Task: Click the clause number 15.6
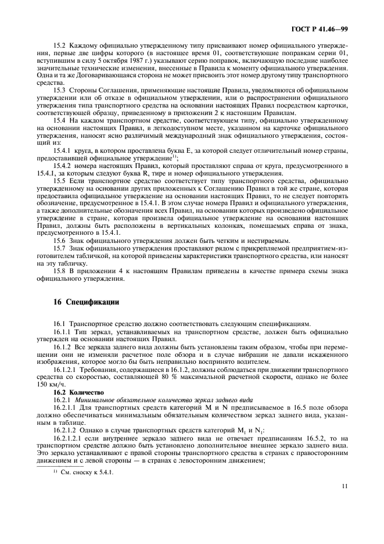tap(60, 240)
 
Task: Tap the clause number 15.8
tap(60, 271)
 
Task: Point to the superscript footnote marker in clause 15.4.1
tap(175, 157)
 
